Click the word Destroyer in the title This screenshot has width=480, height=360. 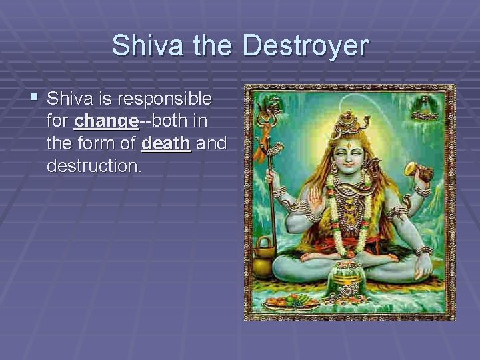click(x=305, y=46)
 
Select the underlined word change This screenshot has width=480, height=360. click(x=107, y=121)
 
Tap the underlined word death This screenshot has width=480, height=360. click(x=167, y=143)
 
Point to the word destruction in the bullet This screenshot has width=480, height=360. click(x=94, y=165)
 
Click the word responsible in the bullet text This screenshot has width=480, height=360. click(x=164, y=99)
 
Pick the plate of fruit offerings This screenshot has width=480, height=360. click(x=291, y=301)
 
